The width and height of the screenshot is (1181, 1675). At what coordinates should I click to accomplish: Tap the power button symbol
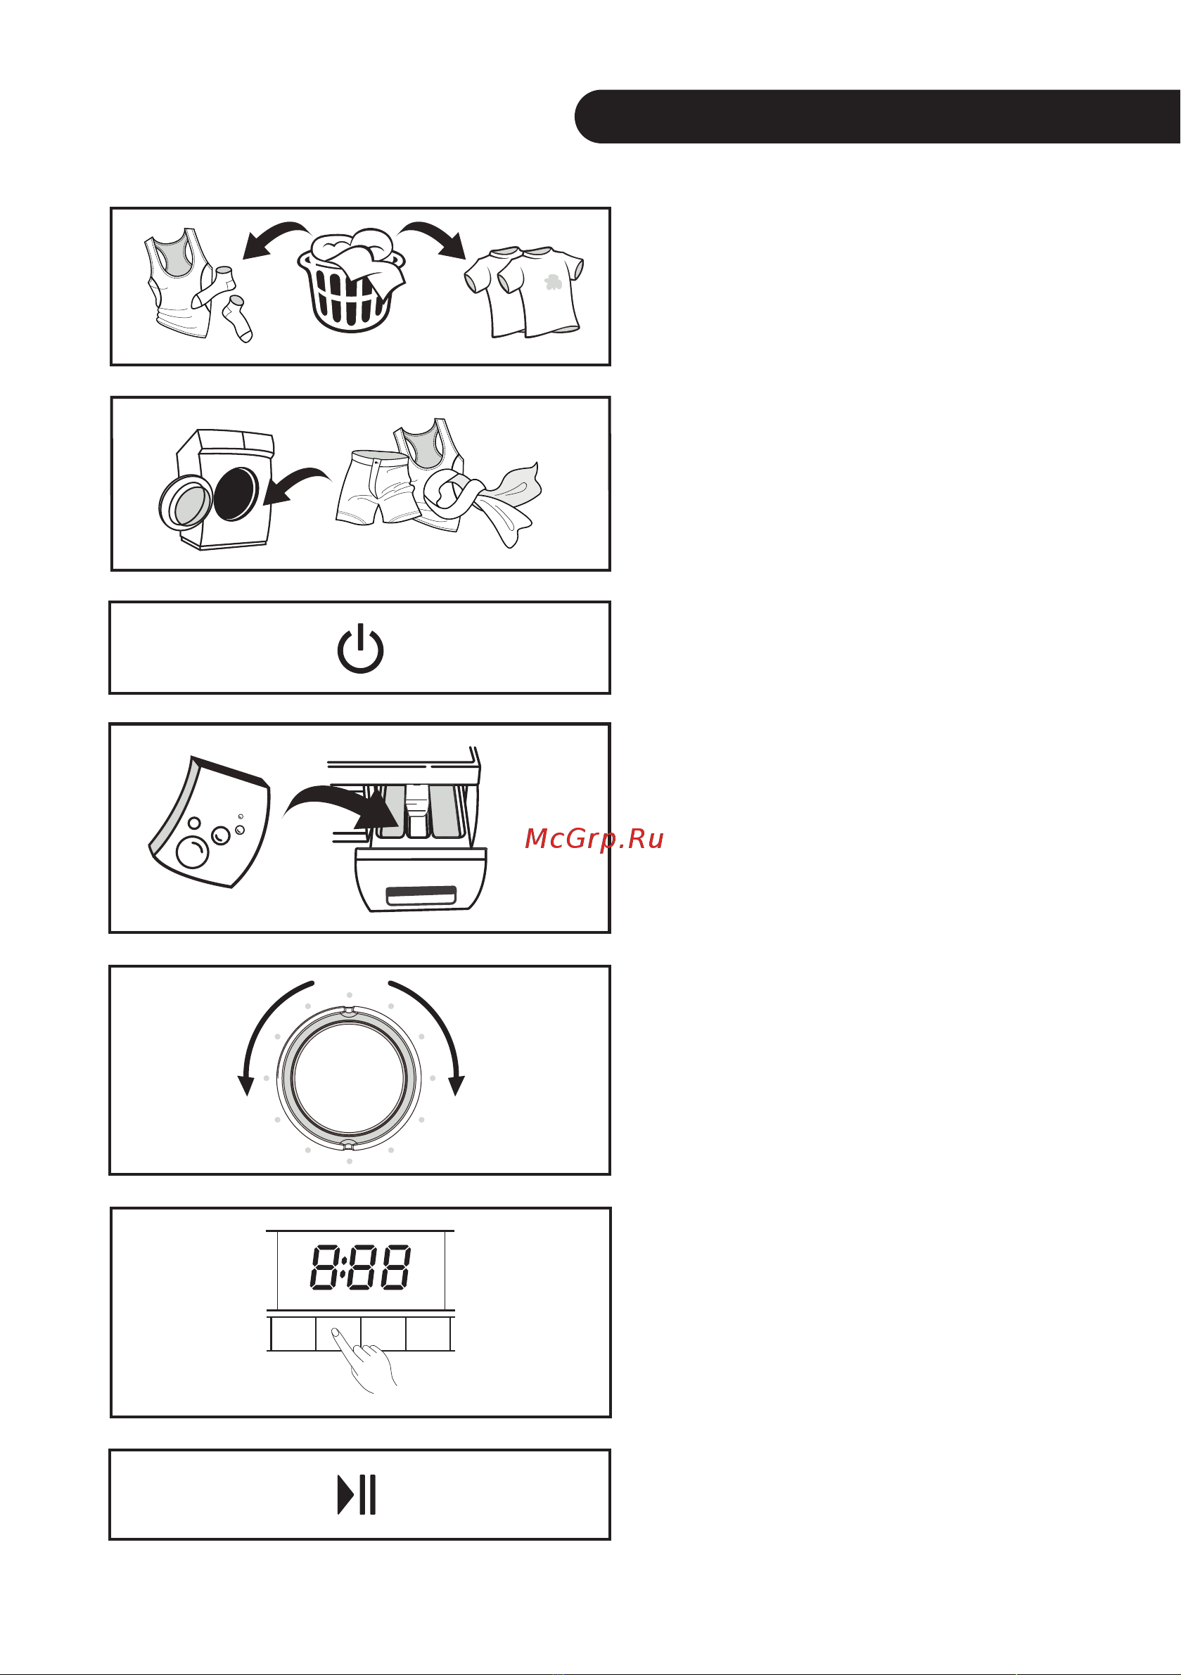pos(360,648)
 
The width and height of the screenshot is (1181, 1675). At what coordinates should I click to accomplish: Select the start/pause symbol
pos(357,1495)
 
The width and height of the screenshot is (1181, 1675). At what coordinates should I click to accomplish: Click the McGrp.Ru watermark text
pos(594,839)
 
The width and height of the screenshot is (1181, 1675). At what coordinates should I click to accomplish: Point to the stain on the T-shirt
pos(554,281)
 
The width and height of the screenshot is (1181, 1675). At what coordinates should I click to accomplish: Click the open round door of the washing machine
pos(186,502)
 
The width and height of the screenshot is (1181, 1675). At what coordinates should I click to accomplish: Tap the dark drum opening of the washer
pos(236,494)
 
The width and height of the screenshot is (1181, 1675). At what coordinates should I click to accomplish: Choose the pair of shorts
pos(376,487)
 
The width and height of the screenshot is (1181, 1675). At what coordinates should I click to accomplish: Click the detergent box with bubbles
pos(210,822)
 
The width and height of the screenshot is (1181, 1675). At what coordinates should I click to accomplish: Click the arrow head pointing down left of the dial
pos(246,1085)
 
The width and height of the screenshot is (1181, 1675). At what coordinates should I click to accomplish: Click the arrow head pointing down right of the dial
pos(457,1085)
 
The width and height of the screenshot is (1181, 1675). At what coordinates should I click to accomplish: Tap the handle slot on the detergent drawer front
pos(421,894)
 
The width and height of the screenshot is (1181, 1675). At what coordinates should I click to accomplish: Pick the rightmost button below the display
pos(428,1333)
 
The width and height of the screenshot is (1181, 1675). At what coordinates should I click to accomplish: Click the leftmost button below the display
pos(293,1333)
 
